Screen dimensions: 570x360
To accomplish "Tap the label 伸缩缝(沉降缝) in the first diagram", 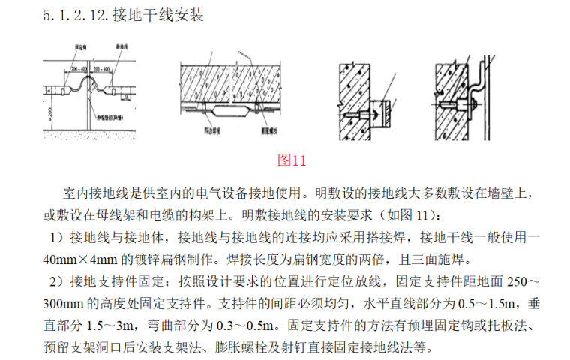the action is (111, 118).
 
